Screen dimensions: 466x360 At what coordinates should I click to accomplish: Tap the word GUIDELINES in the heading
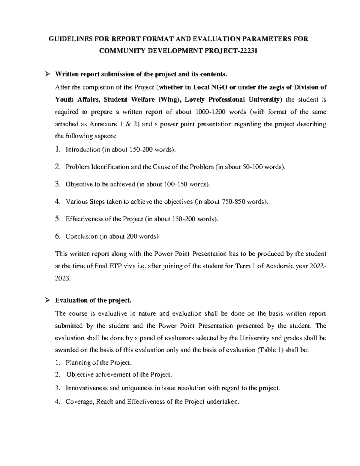point(69,39)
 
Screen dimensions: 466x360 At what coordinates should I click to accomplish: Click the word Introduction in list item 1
point(83,149)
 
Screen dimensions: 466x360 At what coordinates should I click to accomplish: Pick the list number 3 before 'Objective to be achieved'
point(58,184)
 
